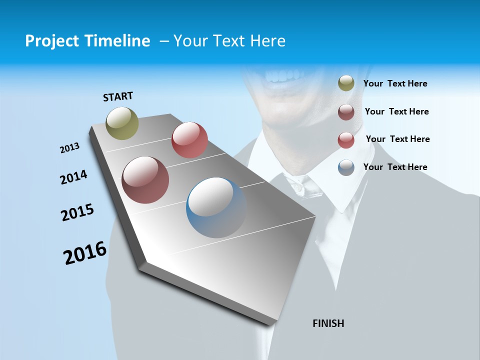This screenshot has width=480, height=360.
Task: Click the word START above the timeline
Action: (x=118, y=96)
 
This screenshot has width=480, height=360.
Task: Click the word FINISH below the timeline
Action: (x=328, y=323)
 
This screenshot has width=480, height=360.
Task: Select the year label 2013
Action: (x=69, y=148)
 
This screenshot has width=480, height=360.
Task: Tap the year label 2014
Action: (x=73, y=177)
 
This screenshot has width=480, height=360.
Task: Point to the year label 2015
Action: (x=77, y=212)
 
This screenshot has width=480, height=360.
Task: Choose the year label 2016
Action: (x=85, y=253)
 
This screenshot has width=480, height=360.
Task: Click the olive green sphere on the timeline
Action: (x=122, y=123)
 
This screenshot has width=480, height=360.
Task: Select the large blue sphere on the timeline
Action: (x=216, y=207)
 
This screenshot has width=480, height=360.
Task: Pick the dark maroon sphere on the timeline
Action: (x=145, y=180)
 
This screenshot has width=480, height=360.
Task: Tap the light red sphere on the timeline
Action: (x=189, y=140)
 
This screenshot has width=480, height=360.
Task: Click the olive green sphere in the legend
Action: (x=346, y=83)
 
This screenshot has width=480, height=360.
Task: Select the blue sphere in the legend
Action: (x=346, y=167)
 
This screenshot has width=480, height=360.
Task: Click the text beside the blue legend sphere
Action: (x=395, y=167)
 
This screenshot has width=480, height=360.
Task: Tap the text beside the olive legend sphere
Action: (x=395, y=84)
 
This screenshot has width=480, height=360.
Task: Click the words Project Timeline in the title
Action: (x=87, y=41)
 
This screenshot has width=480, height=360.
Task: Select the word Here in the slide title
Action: (x=267, y=41)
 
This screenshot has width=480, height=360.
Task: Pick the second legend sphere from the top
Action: (x=346, y=112)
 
